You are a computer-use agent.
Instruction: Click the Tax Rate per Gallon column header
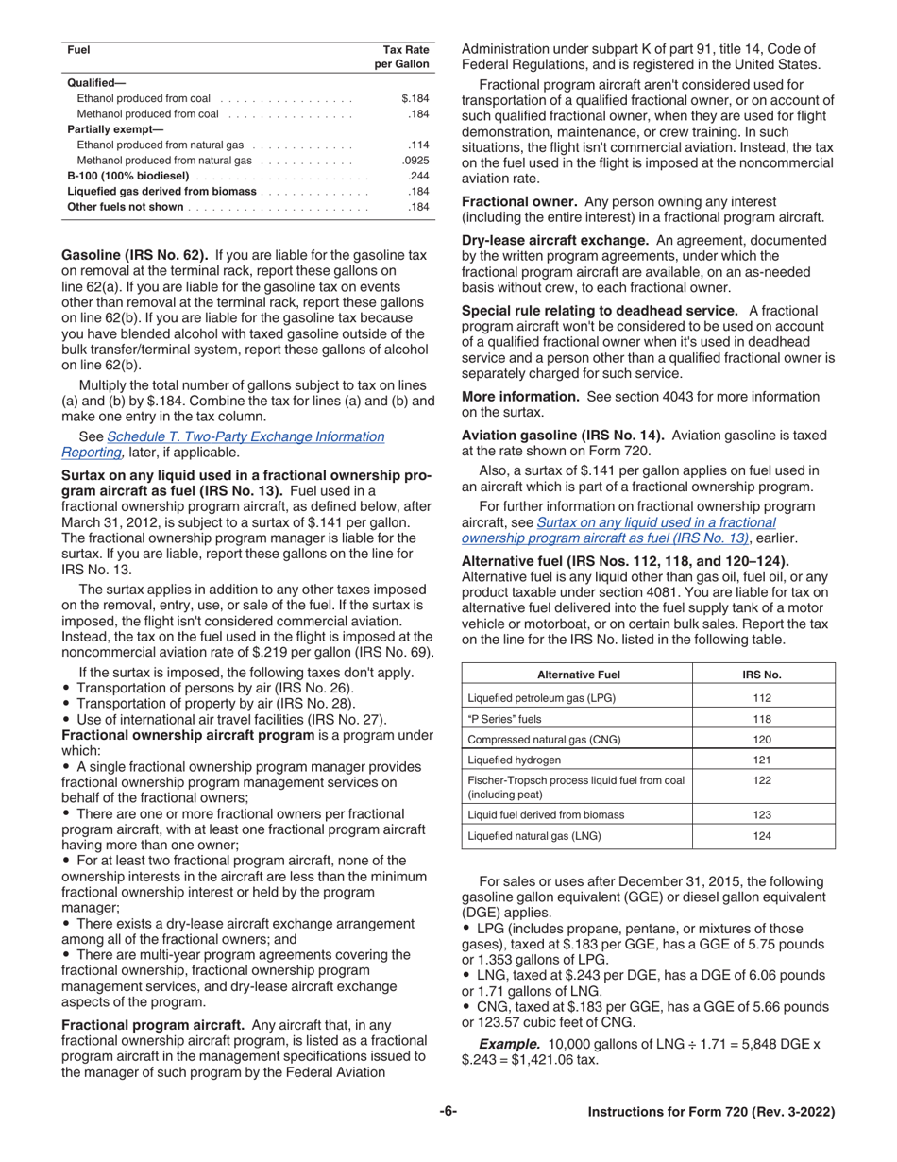405,57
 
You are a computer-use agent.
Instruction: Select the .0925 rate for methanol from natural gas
415,162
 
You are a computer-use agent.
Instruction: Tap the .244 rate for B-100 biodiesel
418,177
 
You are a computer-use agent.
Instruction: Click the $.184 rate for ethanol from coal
415,98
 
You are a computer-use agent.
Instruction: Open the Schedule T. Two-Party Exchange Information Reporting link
245,436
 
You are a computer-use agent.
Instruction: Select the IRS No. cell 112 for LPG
763,698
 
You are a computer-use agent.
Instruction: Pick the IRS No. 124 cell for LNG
763,836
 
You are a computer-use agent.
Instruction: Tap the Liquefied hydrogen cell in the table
515,760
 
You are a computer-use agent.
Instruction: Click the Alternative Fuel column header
578,675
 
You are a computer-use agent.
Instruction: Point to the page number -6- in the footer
448,1112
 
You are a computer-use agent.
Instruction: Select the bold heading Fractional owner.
519,202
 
